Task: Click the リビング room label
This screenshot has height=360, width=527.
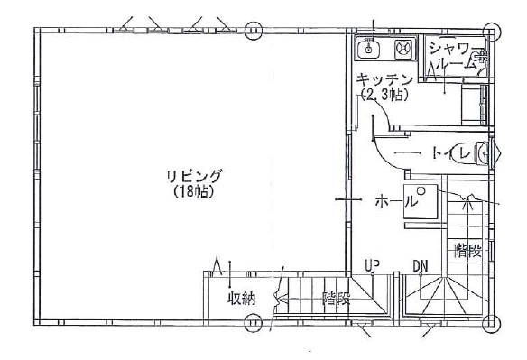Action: [195, 177]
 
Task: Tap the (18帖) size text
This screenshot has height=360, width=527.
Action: [194, 191]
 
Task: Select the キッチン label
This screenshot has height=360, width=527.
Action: [384, 80]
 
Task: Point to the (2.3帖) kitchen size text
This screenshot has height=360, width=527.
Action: [385, 95]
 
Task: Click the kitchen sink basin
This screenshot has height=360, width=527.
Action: [369, 50]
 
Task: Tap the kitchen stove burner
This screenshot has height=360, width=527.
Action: [403, 49]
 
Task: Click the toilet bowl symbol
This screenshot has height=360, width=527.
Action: [482, 153]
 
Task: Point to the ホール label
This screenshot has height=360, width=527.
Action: [396, 201]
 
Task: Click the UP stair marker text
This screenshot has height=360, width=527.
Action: [373, 265]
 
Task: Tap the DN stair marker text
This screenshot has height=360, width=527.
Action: [421, 266]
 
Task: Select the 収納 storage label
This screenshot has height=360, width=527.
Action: [242, 299]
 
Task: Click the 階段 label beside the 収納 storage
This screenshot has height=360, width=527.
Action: [336, 298]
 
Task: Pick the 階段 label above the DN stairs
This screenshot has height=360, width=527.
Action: [467, 251]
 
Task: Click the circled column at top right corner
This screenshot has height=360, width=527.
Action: [492, 32]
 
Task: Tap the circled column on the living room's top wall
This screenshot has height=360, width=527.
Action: [253, 31]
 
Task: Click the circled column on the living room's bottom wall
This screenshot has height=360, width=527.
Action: [253, 323]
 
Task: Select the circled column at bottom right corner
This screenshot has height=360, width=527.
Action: [492, 324]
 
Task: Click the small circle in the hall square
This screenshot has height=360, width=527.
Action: [421, 190]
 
